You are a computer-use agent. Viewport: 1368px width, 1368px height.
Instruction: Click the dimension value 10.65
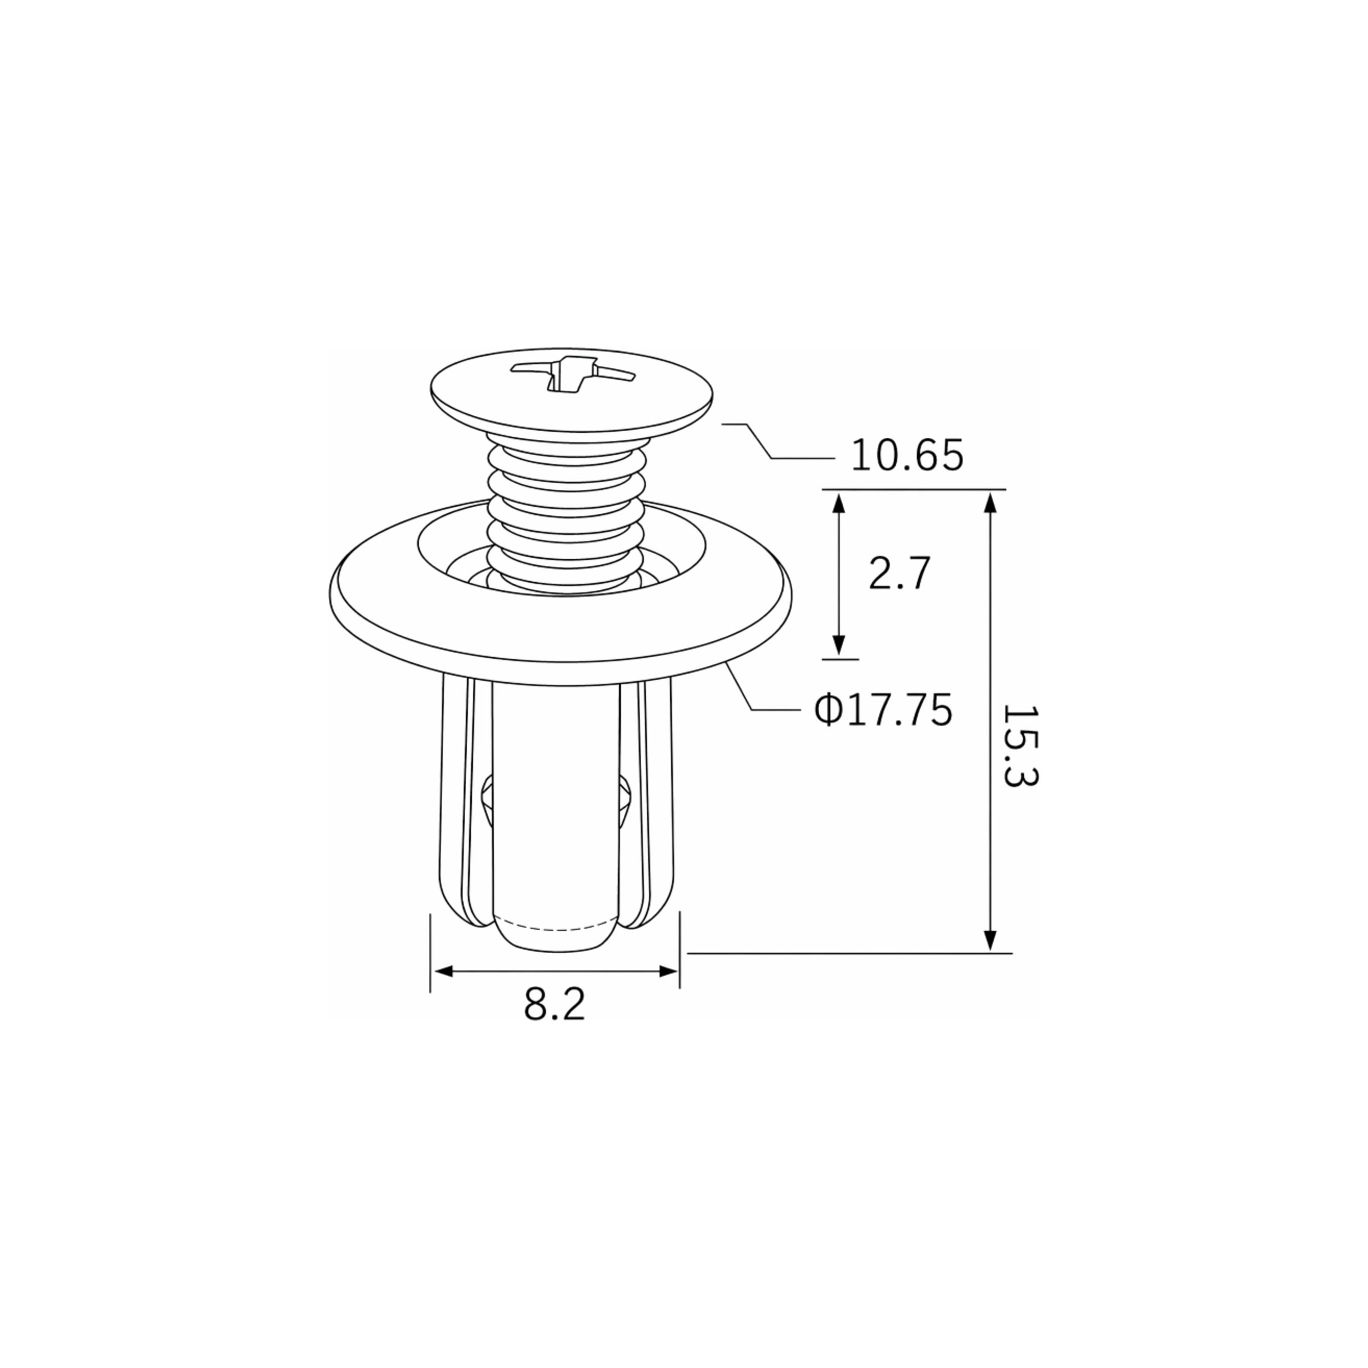907,455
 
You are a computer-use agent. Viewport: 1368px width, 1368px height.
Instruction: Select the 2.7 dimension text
899,573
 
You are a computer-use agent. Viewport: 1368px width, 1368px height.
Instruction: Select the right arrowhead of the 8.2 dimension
668,971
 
